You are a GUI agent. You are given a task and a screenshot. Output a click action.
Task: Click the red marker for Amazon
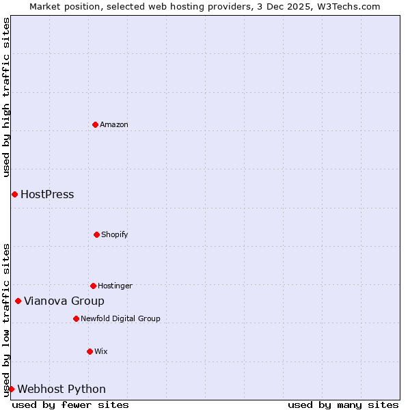tap(96, 124)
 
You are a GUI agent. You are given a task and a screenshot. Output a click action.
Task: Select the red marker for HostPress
tap(14, 195)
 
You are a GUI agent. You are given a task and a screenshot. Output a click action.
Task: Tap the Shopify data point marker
tap(96, 234)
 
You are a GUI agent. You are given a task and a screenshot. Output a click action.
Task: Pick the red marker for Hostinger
tap(93, 286)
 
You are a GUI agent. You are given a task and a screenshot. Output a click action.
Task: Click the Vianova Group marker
tap(18, 301)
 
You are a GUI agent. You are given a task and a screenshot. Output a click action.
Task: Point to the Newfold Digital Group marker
tap(76, 318)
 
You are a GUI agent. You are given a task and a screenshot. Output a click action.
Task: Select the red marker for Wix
tap(90, 351)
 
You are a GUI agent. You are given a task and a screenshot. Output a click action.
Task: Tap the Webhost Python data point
tap(11, 389)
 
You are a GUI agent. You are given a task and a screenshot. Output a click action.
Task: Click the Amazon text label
tap(114, 124)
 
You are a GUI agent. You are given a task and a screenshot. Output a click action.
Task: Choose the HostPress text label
tap(47, 195)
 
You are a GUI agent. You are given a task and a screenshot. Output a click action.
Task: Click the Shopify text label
tap(115, 234)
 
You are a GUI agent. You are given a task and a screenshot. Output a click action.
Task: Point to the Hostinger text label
tap(115, 286)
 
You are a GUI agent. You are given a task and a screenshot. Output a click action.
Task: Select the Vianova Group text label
tap(64, 301)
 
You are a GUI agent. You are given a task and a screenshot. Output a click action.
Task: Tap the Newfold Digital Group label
tap(120, 318)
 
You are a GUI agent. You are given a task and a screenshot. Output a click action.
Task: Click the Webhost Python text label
tap(61, 389)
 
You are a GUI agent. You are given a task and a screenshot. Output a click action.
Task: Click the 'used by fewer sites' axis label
tap(70, 405)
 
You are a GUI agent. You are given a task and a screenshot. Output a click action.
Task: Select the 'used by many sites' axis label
tap(343, 405)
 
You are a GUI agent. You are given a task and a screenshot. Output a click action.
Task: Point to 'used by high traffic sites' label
tap(6, 97)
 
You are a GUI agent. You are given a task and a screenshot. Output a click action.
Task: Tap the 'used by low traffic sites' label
tap(6, 320)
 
